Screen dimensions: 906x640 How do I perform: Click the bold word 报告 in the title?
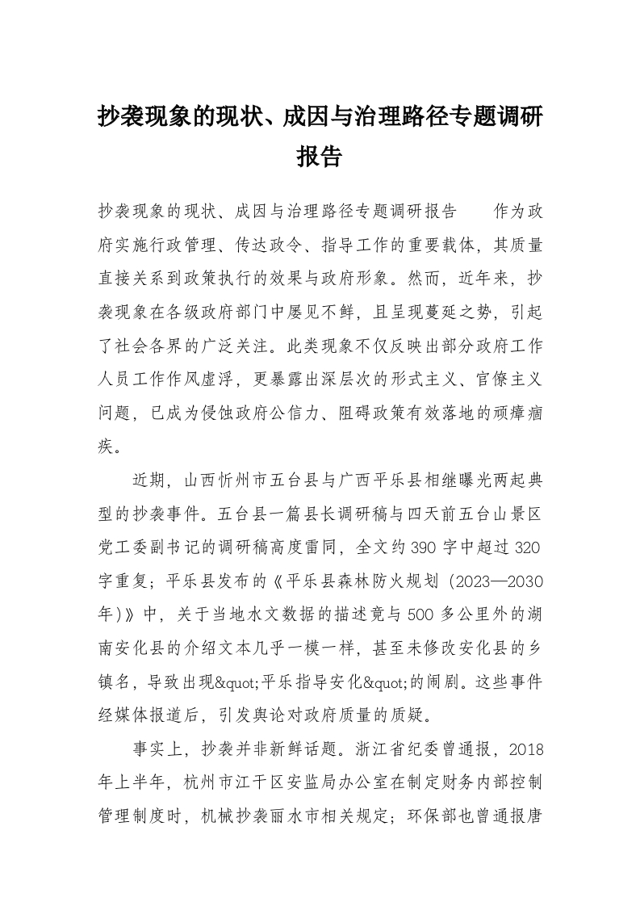pyautogui.click(x=320, y=156)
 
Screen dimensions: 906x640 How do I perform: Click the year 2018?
pyautogui.click(x=525, y=747)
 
